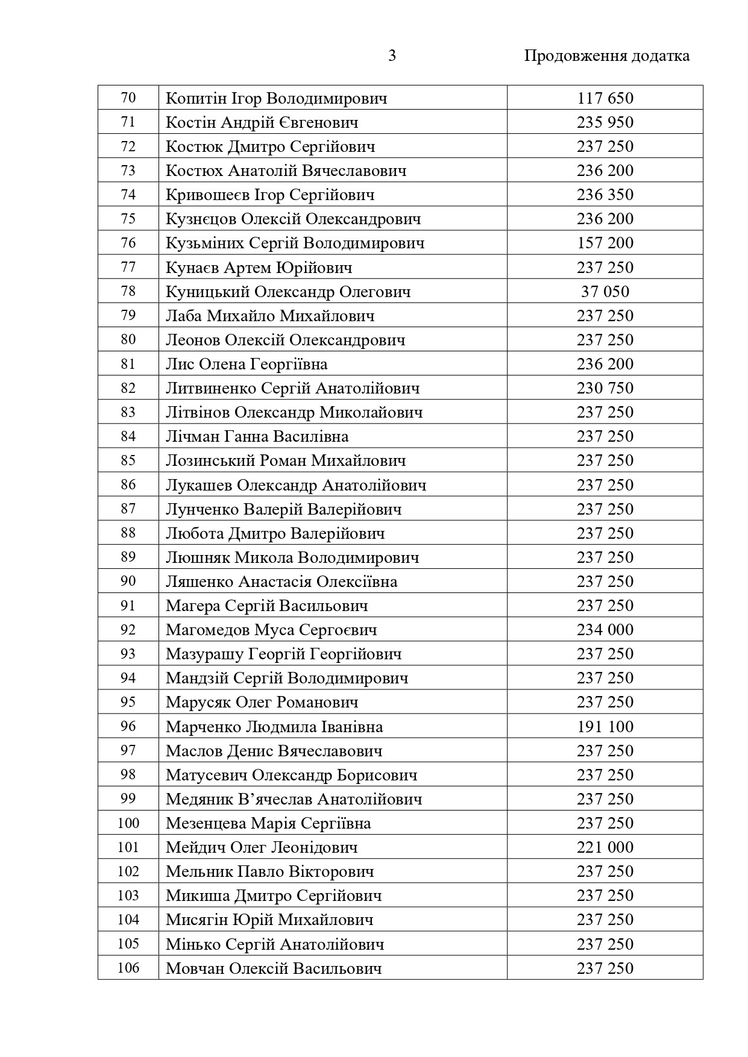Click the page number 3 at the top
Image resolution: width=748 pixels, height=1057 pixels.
point(392,56)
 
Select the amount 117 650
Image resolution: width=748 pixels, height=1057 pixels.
point(605,98)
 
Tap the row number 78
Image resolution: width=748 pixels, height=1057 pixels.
point(128,292)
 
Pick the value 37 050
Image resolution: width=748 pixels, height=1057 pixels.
point(605,292)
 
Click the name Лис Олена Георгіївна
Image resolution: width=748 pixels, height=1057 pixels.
point(247,365)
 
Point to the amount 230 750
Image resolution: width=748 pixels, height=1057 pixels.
point(605,389)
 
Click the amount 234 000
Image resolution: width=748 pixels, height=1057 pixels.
point(605,630)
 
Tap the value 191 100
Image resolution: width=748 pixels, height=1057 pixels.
point(605,727)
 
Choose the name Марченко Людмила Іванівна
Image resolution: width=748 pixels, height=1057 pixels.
point(274,727)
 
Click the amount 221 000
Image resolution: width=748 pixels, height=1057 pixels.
point(605,847)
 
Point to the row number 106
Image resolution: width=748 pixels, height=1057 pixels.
point(128,968)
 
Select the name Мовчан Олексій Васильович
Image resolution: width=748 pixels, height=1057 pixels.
point(274,968)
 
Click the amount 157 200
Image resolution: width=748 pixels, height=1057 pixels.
point(605,243)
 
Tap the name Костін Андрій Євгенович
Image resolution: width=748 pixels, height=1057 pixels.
point(262,123)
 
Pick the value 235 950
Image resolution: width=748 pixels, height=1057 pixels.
point(605,123)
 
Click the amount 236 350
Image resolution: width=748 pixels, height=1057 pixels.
point(605,195)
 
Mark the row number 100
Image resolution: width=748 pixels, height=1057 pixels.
point(128,823)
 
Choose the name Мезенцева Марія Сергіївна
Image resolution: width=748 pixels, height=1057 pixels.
point(268,824)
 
